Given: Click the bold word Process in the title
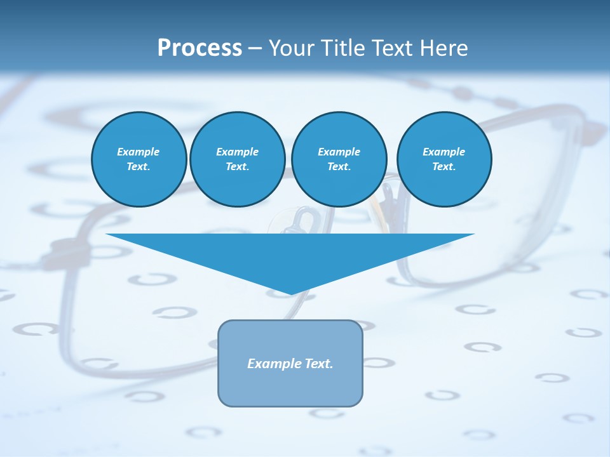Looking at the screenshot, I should [x=200, y=48].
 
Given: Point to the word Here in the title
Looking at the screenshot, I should [x=444, y=48].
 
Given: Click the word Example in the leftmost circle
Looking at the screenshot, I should [x=139, y=152].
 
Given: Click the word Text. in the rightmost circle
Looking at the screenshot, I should [x=444, y=166].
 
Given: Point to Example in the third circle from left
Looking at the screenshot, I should [x=339, y=152].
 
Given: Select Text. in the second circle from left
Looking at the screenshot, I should [x=237, y=166].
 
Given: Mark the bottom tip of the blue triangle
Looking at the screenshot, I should [x=290, y=293].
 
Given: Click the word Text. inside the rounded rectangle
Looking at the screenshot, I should [x=320, y=364].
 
